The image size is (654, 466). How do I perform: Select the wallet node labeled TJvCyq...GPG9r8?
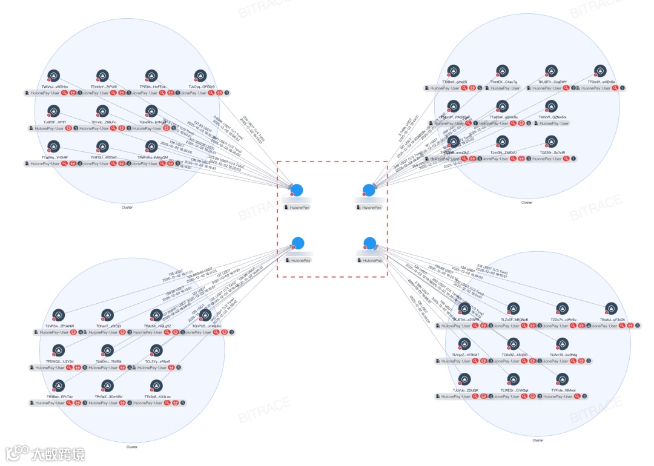click(200, 76)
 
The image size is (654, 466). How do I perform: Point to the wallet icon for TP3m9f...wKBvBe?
click(600, 71)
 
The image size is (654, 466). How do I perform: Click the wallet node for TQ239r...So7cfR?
click(551, 142)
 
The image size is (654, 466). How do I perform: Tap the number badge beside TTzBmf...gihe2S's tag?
click(480, 88)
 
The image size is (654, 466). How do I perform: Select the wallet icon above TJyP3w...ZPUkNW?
click(58, 315)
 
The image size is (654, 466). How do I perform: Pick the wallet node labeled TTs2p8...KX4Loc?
click(157, 386)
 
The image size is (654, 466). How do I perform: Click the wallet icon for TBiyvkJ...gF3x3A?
click(612, 308)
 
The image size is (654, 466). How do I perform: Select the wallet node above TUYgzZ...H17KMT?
click(464, 344)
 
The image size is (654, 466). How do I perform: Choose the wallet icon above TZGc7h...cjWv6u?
click(563, 308)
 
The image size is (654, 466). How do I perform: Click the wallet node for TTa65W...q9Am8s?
click(503, 107)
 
